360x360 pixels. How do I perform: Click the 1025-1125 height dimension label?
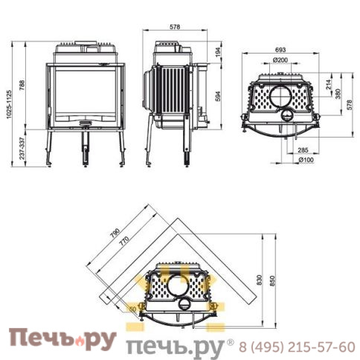[9, 104]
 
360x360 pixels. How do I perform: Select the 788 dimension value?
[22, 86]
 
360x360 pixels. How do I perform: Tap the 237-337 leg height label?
[22, 148]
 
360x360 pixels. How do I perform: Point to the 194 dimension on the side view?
[218, 53]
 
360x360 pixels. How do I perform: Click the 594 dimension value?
[218, 96]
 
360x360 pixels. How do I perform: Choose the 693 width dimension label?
[280, 50]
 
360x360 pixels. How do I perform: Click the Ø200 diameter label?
[280, 60]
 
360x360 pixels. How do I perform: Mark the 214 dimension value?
[329, 84]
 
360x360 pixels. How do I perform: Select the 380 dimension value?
[338, 94]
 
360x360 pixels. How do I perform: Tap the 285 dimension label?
[303, 150]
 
